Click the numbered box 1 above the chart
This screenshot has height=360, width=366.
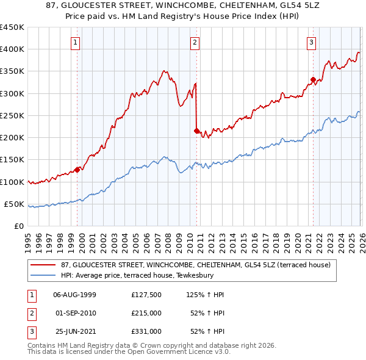[x=76, y=42]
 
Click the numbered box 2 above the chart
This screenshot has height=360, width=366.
[x=195, y=42]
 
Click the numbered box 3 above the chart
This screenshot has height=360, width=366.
[x=311, y=42]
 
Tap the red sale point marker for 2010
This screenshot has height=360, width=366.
[x=196, y=131]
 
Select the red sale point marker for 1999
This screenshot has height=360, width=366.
[x=77, y=170]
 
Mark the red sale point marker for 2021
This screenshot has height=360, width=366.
[x=313, y=79]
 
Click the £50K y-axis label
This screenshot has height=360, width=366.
[x=14, y=204]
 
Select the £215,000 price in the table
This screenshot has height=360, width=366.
[x=146, y=313]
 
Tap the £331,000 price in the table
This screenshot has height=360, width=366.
[x=146, y=331]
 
